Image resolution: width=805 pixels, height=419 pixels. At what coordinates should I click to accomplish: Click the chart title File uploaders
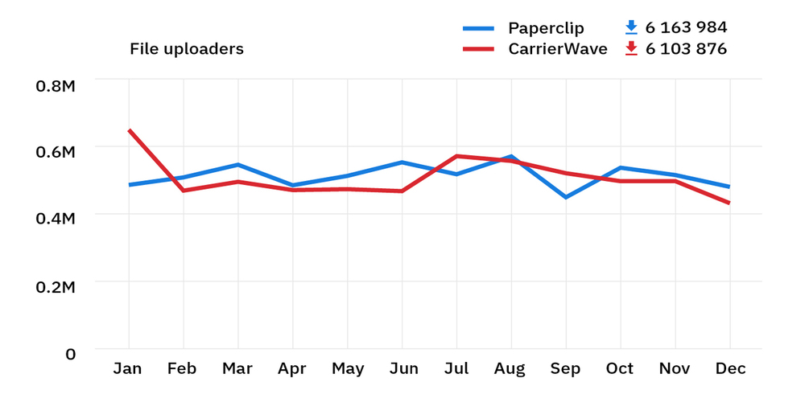pyautogui.click(x=186, y=49)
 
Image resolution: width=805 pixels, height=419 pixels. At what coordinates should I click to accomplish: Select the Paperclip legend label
pyautogui.click(x=546, y=28)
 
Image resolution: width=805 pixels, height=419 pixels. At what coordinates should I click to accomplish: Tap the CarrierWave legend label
pyautogui.click(x=558, y=49)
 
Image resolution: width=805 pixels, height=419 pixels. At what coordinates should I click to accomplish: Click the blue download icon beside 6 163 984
pyautogui.click(x=631, y=27)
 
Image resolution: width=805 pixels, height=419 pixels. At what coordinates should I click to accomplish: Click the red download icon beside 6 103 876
pyautogui.click(x=631, y=48)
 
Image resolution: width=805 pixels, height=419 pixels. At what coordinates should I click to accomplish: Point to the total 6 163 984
pyautogui.click(x=686, y=28)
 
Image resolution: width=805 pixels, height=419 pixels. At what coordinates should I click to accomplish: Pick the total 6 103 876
pyautogui.click(x=686, y=49)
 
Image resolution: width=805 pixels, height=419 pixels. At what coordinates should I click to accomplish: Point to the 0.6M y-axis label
pyautogui.click(x=56, y=152)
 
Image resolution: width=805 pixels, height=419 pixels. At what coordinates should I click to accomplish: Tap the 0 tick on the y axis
pyautogui.click(x=70, y=354)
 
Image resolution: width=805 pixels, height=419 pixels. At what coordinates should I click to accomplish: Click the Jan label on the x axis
pyautogui.click(x=128, y=369)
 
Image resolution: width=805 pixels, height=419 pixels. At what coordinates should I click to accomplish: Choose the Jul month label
pyautogui.click(x=456, y=369)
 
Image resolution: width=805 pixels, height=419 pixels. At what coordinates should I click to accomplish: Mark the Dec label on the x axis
pyautogui.click(x=730, y=369)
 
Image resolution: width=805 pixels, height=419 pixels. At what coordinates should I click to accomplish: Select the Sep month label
pyautogui.click(x=565, y=369)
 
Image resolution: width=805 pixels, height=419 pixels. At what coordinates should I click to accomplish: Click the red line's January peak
pyautogui.click(x=129, y=130)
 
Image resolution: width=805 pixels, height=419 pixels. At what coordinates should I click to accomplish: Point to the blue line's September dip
pyautogui.click(x=565, y=197)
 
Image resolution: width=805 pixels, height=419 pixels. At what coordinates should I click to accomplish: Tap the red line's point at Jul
pyautogui.click(x=456, y=156)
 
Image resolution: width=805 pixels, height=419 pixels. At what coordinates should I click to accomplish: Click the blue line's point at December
pyautogui.click(x=729, y=187)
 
